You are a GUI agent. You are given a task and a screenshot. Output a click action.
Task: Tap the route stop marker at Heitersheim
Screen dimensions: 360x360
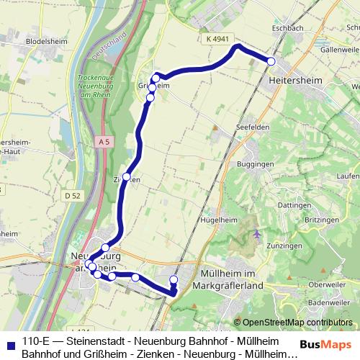[271, 62]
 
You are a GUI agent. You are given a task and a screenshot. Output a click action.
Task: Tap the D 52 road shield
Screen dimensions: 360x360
[71, 194]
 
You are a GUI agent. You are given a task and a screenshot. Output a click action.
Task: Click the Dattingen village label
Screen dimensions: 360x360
[293, 205]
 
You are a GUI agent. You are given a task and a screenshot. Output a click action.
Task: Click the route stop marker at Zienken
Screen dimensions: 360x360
[127, 176]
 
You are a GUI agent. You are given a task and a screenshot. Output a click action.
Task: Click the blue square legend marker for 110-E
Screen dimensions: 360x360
[10, 343]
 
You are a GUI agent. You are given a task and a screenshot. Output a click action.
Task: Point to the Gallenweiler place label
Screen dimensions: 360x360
[340, 49]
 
